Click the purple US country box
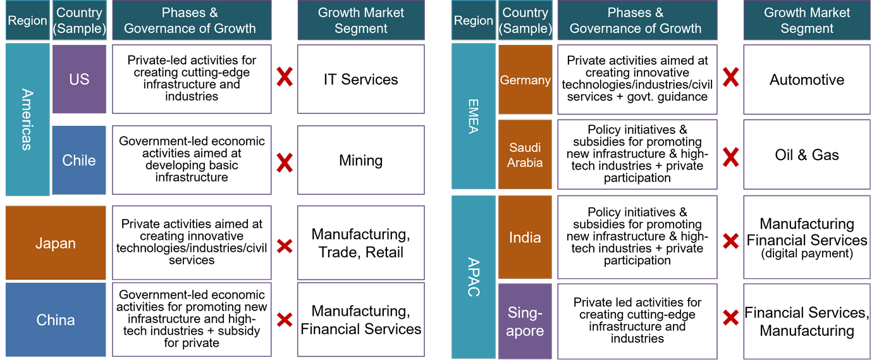click(79, 79)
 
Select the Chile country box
click(79, 160)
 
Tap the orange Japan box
click(56, 243)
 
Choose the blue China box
click(56, 320)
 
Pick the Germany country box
click(525, 80)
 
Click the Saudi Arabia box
click(525, 154)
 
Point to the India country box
click(525, 237)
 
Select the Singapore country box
click(525, 321)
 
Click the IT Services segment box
click(360, 79)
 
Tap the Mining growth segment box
click(360, 160)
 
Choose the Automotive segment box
click(806, 80)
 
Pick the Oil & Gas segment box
click(806, 155)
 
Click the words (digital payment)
click(806, 254)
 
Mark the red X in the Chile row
click(285, 163)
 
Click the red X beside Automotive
click(730, 78)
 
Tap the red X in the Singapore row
click(730, 318)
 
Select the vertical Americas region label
click(27, 119)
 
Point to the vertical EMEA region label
click(473, 116)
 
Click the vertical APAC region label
click(473, 276)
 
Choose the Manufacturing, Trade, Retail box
click(360, 243)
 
